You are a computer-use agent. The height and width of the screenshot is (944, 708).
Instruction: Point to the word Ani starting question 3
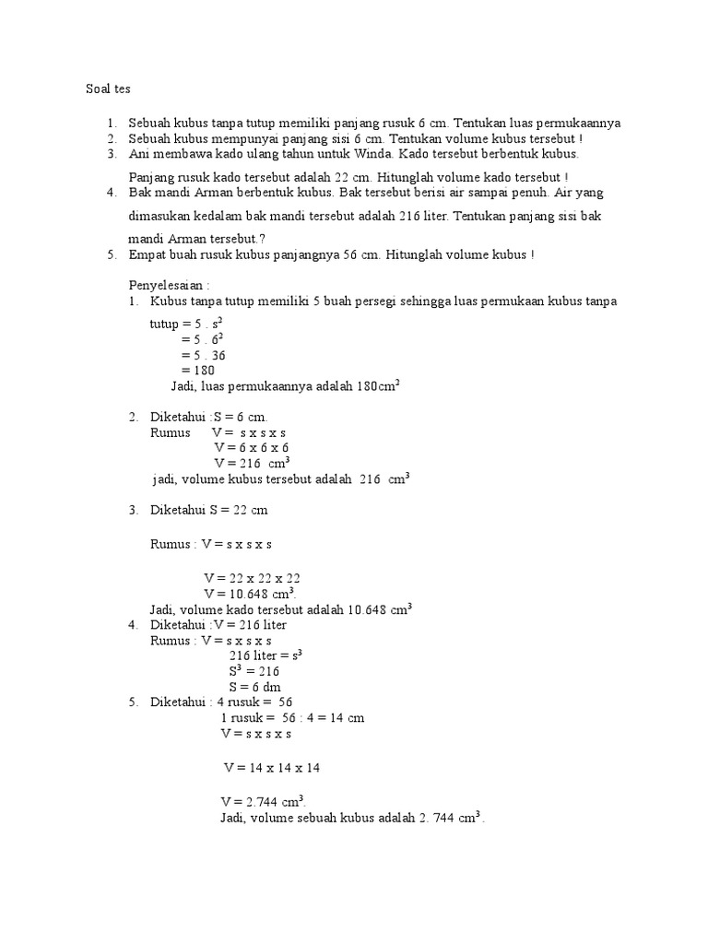pos(139,154)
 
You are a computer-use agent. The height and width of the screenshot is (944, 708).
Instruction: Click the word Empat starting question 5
pos(146,254)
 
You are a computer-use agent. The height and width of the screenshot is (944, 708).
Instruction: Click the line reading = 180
pos(198,371)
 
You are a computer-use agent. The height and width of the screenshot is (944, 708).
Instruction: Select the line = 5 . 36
pos(205,355)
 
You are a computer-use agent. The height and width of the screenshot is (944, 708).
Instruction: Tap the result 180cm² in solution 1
pos(375,386)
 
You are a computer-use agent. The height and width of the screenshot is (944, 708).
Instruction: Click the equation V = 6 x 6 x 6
pos(252,447)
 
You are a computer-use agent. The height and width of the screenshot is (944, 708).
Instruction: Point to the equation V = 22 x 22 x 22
pos(252,578)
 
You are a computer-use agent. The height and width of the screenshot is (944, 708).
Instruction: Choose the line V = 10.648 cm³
pos(250,594)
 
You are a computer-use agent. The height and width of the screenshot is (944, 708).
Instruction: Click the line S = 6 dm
pos(254,687)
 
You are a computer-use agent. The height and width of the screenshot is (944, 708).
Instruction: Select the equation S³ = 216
pos(254,671)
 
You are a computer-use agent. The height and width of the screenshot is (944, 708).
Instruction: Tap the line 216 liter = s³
pos(265,655)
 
